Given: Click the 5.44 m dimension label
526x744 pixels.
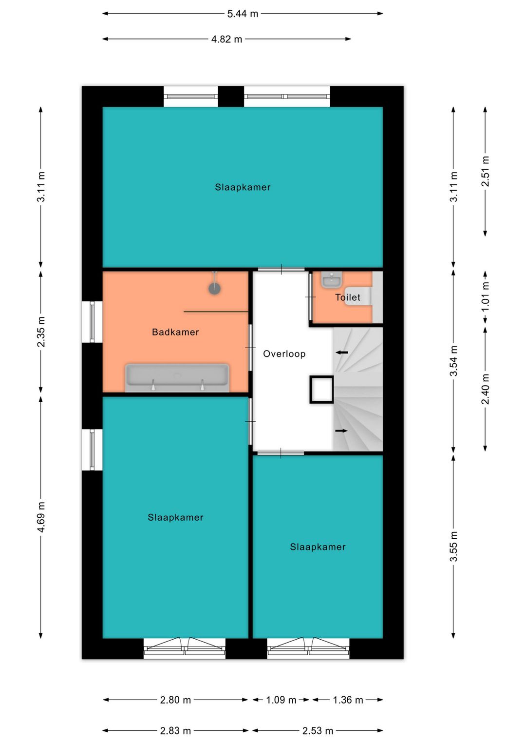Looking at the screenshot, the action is (242, 14).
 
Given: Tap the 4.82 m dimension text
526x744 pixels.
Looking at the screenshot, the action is (226, 39).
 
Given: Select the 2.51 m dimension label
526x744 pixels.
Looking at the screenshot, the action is (485, 171).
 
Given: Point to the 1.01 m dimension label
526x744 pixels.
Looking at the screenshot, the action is (485, 296).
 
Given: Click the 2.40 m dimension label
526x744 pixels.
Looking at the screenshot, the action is (485, 389).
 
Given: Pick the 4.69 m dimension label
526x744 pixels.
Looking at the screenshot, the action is (41, 517).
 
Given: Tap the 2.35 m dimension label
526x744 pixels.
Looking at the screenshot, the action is (41, 332).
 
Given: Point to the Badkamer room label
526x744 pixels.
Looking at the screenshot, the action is (175, 332).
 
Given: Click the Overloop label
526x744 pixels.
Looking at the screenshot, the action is (284, 354).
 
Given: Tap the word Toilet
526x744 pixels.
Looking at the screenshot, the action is (347, 297).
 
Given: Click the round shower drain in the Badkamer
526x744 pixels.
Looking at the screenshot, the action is (215, 288).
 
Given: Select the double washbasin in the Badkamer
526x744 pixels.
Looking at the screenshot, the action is (177, 378).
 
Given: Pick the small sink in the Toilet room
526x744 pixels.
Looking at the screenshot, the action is (332, 279).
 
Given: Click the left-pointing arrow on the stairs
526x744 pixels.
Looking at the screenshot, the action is (342, 352).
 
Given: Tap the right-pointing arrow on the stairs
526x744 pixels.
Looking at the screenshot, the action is (341, 431).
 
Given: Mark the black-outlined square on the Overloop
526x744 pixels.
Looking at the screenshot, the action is (321, 390).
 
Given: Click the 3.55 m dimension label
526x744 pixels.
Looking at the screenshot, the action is (453, 546).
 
